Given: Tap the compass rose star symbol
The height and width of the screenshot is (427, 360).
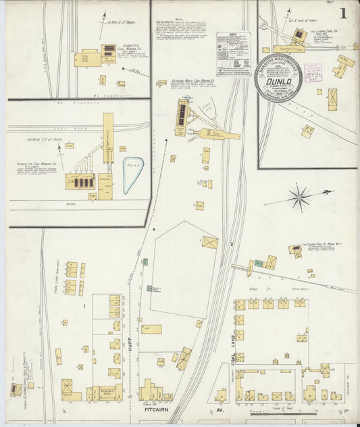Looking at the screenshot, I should pos(299,198).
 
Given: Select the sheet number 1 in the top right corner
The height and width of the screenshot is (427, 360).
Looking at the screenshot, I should pos(344,13).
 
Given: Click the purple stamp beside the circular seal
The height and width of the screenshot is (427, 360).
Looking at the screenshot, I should pos(313,72).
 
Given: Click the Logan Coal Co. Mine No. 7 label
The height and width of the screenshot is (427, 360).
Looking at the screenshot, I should pos(324,244).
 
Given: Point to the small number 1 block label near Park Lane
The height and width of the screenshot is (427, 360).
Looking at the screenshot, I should pos(85,306).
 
